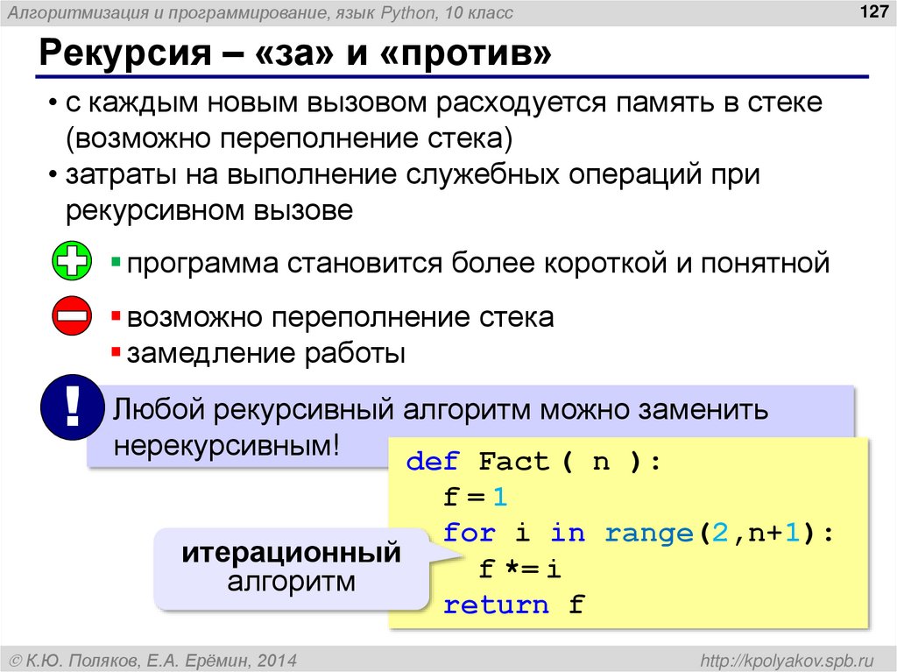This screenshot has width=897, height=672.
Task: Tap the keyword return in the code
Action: [497, 605]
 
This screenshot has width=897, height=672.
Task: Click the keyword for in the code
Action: [470, 534]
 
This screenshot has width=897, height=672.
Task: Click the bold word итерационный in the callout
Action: [291, 553]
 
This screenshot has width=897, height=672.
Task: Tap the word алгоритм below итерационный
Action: [291, 581]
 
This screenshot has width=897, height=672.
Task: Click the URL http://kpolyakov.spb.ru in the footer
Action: [782, 659]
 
